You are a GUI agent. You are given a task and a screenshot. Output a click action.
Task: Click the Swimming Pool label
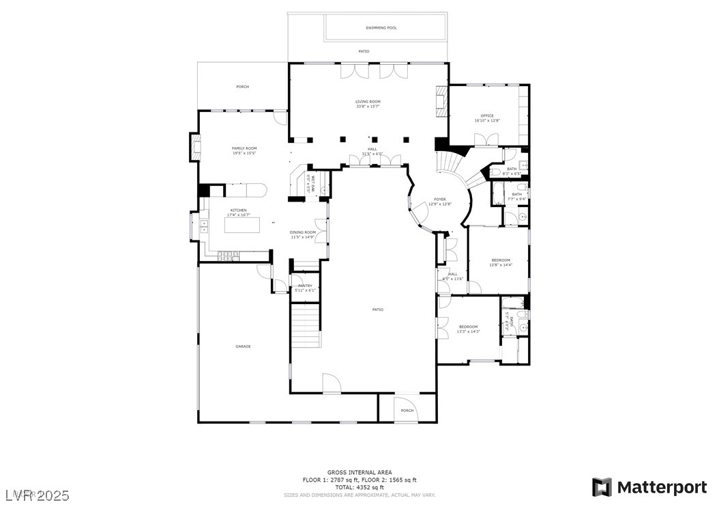381,28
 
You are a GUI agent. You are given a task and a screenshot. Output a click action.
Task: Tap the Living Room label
368,104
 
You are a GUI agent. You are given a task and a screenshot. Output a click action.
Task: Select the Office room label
487,118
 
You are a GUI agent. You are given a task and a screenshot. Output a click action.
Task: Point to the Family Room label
244,150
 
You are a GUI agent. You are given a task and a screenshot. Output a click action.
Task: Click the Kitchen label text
238,212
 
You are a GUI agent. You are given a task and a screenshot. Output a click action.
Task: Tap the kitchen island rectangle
244,225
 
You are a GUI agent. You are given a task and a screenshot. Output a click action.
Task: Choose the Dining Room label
303,234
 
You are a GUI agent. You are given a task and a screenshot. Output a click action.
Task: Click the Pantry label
305,288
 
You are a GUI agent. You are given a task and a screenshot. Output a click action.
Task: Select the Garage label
243,346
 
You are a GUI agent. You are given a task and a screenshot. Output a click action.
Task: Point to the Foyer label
439,201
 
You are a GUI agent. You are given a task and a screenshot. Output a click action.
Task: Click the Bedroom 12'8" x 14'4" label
500,262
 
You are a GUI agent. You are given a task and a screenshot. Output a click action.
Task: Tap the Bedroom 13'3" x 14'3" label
468,329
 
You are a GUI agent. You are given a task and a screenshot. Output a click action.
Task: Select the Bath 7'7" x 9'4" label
516,196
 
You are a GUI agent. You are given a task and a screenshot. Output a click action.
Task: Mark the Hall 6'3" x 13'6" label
452,276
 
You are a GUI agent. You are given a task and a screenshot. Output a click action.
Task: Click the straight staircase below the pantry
306,326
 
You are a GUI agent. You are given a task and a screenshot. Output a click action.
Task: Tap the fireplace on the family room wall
196,147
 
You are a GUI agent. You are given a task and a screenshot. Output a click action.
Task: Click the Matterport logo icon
601,487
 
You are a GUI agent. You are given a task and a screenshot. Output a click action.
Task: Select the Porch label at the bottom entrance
407,411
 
